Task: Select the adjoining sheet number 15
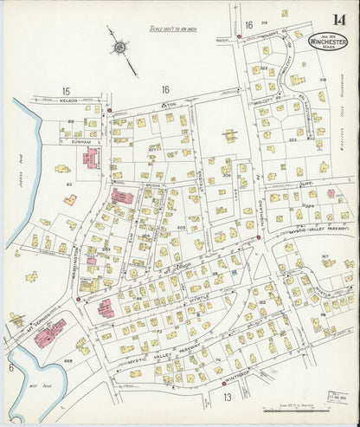click(65, 90)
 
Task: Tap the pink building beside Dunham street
click(90, 158)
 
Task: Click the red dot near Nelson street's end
click(109, 110)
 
